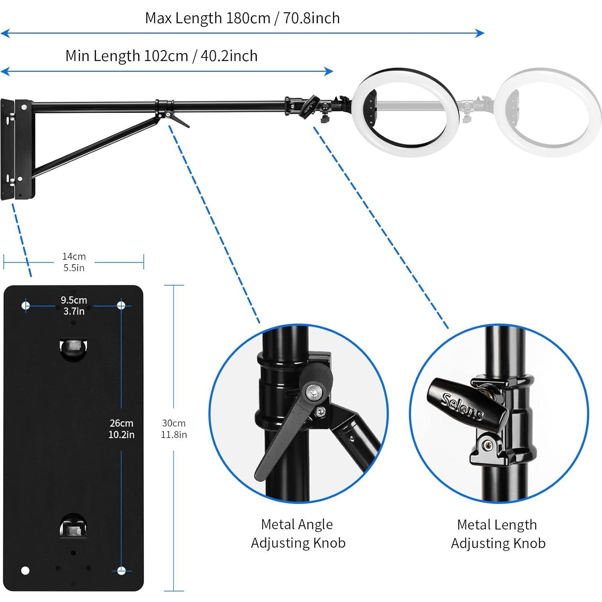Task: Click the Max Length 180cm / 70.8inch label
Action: coord(242,18)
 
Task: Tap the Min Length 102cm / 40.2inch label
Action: coord(161,56)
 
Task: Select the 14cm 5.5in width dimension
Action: coord(74,262)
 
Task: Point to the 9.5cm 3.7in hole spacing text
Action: coord(74,306)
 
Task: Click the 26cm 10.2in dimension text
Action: coord(121,429)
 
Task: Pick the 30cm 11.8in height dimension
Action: coord(174,429)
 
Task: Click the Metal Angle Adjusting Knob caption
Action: coord(298,534)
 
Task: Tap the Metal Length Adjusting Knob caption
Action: coord(498,534)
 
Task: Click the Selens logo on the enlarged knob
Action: coord(462,406)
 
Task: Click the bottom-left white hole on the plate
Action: coord(25,570)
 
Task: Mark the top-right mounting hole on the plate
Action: coord(121,306)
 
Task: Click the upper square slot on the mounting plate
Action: coord(73,346)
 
